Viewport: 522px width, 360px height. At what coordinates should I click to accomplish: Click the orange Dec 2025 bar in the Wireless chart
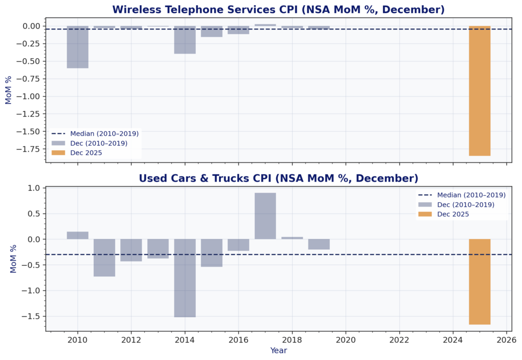(480, 91)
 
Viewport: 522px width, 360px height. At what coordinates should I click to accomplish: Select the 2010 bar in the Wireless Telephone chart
(77, 47)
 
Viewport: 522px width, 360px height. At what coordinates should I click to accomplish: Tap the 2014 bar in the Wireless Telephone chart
(185, 40)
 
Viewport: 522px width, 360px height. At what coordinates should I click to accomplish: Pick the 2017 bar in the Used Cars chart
(265, 216)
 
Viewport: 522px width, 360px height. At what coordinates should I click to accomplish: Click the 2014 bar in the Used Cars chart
(185, 278)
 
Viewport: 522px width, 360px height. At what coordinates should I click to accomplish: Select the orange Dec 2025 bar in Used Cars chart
(480, 281)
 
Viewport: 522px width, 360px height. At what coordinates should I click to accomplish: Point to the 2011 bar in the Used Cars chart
(105, 258)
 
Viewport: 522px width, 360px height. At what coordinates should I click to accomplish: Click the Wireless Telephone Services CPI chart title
(278, 10)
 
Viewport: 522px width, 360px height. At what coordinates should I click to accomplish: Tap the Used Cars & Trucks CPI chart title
(278, 178)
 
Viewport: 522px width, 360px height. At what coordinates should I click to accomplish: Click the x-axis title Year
(278, 351)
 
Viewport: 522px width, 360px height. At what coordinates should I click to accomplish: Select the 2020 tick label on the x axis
(346, 340)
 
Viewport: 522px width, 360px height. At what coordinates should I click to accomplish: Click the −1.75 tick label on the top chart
(30, 149)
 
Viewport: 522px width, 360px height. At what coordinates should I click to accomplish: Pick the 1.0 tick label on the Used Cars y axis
(34, 188)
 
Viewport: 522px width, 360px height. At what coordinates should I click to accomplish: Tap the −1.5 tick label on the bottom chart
(32, 316)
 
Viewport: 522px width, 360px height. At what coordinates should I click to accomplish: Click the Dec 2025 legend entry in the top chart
(86, 152)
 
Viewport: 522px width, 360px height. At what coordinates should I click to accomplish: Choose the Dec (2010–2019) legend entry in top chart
(98, 143)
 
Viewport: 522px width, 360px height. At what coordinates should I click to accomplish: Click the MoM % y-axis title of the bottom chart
(14, 259)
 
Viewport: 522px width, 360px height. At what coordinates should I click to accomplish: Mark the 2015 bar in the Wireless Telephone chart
(212, 32)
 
